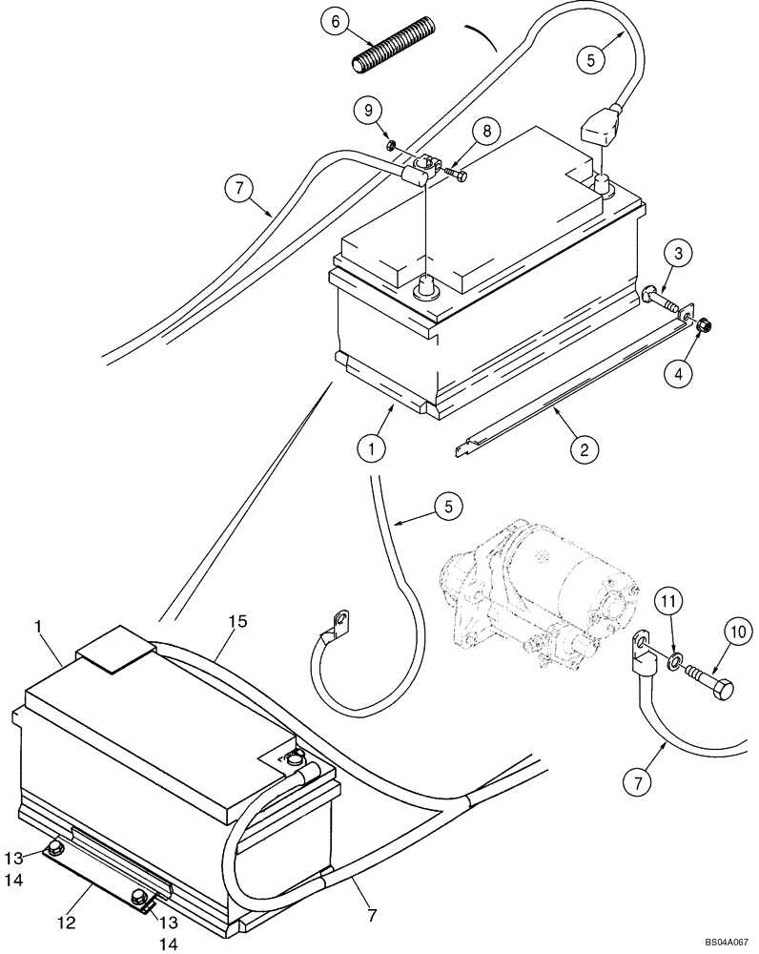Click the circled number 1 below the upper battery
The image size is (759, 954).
(374, 446)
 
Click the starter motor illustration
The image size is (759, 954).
(534, 591)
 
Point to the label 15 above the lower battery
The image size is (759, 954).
(237, 621)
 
